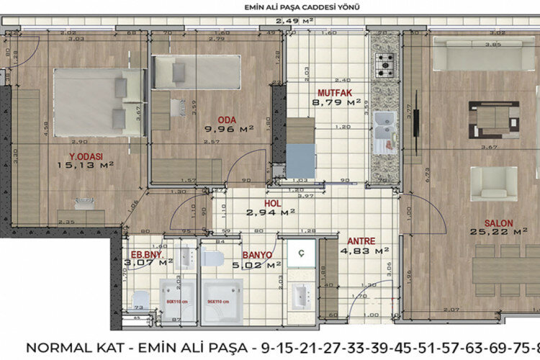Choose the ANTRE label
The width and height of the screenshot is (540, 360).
coord(361,241)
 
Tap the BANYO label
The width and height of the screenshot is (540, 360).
coord(256,255)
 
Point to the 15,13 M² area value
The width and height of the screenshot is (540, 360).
coord(86,164)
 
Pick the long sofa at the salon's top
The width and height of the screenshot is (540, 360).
coord(476,53)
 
